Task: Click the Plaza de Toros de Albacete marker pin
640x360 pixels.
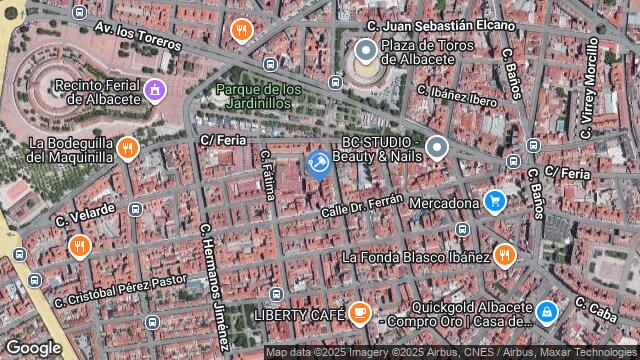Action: pos(365,49)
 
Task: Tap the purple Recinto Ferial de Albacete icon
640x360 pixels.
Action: pos(154,91)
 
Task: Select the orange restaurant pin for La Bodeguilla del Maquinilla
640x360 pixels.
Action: pos(127,149)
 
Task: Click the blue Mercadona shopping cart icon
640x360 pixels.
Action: pos(493,202)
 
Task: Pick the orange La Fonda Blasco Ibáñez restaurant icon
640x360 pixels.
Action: pos(505,255)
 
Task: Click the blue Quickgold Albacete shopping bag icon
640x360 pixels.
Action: pos(546,313)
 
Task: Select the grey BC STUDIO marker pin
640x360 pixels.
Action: pos(436,148)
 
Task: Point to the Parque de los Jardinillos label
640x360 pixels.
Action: pos(258,96)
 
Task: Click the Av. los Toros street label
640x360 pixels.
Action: pos(137,37)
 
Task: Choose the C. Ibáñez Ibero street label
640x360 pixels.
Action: pos(457,95)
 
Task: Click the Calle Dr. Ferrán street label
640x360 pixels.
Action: pos(361,205)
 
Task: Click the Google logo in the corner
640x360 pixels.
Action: pos(32,347)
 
